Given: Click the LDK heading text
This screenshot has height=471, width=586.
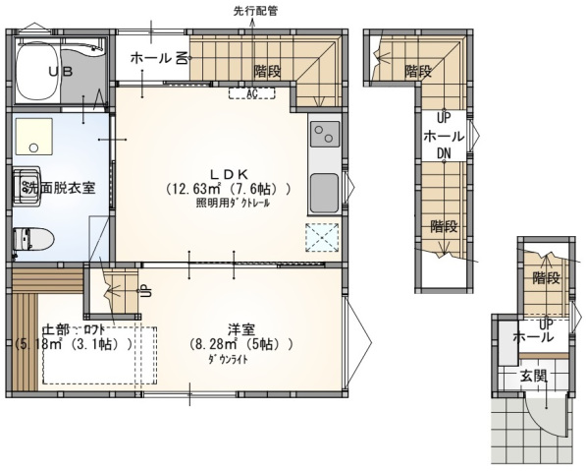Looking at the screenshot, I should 227,168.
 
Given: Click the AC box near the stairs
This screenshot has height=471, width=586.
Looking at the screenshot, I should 251,93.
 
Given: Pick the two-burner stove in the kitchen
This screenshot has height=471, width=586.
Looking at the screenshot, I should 324,133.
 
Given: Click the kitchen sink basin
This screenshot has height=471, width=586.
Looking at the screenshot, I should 324,186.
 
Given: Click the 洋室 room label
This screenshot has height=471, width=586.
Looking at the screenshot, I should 241,328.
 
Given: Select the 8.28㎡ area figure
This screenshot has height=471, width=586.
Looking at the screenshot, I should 215,345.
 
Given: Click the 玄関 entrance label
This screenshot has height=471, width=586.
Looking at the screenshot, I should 534,376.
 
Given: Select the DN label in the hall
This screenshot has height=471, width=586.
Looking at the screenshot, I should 444,153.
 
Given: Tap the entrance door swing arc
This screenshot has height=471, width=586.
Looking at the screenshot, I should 556,424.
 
